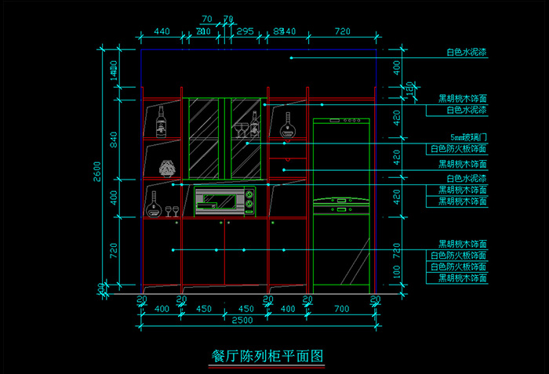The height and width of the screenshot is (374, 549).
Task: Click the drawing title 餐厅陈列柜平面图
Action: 267,355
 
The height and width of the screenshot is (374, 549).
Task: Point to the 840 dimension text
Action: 114,140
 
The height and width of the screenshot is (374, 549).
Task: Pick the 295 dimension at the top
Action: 245,31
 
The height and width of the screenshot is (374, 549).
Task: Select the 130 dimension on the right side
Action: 409,92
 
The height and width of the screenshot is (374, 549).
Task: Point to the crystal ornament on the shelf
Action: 167,168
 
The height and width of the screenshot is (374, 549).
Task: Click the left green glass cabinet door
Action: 205,138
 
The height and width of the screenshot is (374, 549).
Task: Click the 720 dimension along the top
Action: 342,31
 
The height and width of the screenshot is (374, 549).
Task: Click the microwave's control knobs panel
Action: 250,202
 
